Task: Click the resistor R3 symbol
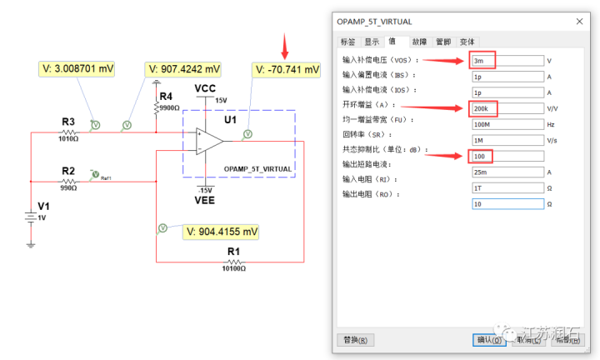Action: click(68, 132)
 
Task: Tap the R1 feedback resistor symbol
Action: click(232, 261)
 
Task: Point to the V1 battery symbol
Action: click(31, 218)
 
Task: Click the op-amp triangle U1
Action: click(209, 141)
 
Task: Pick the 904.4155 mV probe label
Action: click(222, 231)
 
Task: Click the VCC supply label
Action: click(207, 88)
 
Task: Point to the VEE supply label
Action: click(207, 201)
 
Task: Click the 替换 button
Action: click(356, 340)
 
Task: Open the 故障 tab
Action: click(419, 42)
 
